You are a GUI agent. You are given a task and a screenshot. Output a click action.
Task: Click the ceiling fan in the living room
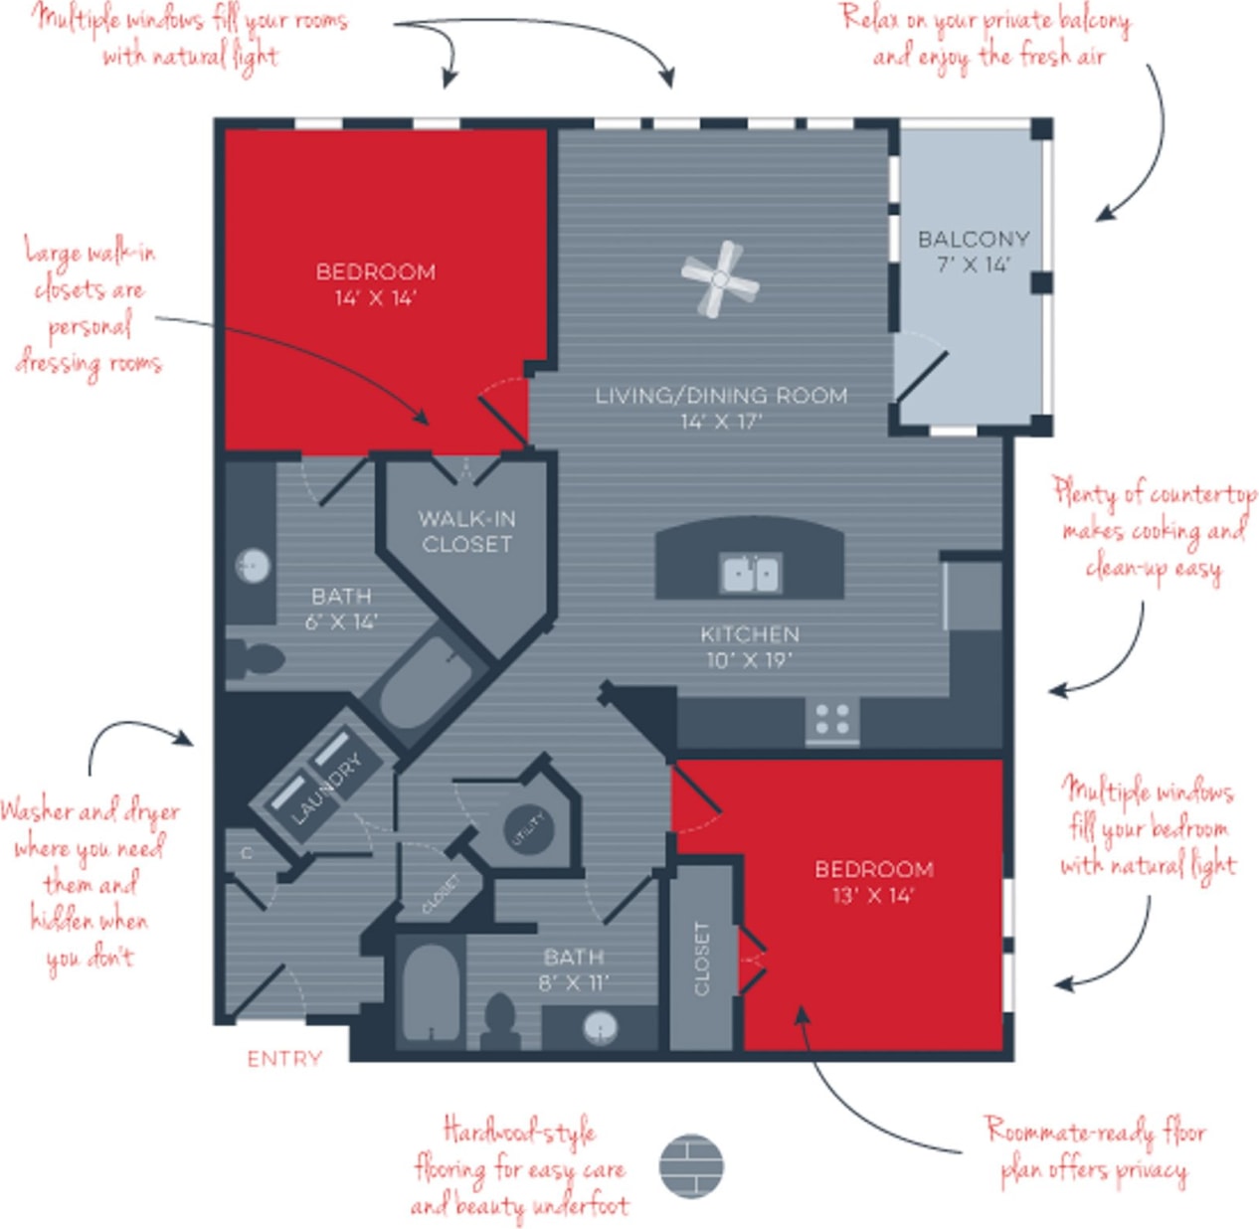click(720, 279)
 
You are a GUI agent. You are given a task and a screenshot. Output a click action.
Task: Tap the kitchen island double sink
click(751, 573)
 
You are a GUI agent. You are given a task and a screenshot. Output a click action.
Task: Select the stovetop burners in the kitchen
click(831, 719)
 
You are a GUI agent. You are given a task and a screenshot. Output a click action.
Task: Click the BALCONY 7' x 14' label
click(973, 252)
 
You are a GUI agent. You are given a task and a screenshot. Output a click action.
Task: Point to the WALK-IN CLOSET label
click(466, 531)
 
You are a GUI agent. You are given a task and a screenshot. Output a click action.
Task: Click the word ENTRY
click(284, 1059)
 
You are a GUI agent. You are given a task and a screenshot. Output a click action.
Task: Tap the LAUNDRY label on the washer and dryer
click(326, 789)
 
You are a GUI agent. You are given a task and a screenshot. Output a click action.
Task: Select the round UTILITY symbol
click(526, 828)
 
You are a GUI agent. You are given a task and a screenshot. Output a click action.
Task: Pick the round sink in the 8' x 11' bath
click(600, 1026)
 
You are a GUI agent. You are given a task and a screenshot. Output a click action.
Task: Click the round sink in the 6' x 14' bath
click(253, 566)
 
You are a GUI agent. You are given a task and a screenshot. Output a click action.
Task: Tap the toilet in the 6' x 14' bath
click(251, 658)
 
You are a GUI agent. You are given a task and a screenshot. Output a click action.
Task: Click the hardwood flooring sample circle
click(691, 1165)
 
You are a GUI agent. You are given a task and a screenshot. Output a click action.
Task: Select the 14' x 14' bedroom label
click(375, 284)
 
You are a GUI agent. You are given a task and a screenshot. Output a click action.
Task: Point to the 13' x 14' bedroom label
click(873, 882)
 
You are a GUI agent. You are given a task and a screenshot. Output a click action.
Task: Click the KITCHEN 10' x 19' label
click(749, 646)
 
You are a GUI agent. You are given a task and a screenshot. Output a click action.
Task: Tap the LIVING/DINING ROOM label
click(721, 408)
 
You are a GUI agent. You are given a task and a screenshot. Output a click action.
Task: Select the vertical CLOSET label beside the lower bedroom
click(702, 958)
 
